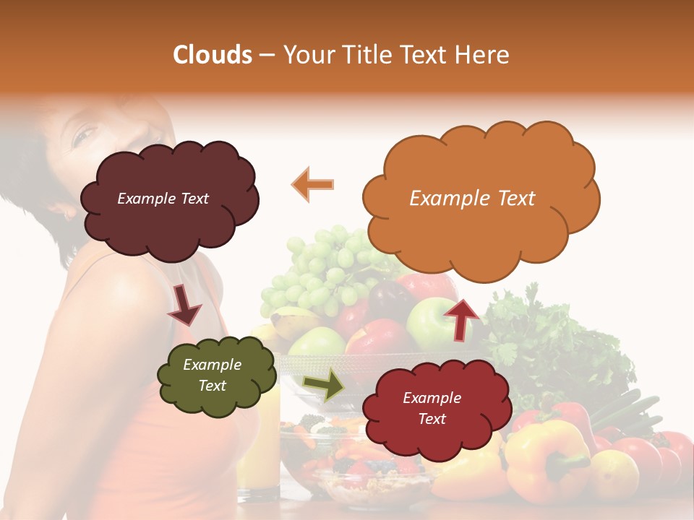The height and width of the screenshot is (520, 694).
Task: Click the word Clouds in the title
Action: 212,55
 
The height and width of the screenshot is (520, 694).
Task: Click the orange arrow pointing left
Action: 313,184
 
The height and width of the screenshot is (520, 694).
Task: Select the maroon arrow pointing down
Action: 184,305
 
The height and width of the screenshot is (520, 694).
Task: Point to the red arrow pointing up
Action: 461,318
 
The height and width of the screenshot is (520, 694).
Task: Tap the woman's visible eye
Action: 85,134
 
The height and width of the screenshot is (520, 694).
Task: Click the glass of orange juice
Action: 258,448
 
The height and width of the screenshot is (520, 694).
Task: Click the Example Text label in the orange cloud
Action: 472,199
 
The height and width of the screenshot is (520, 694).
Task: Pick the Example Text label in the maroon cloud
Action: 163,199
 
